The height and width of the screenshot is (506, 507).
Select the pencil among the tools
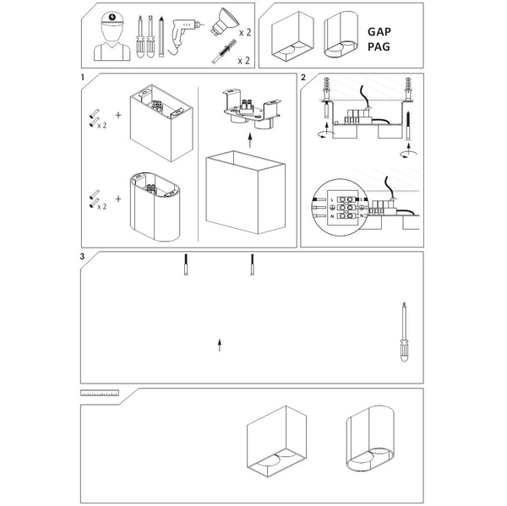point(161,35)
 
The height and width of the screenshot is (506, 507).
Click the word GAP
point(380,30)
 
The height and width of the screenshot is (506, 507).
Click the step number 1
point(83,78)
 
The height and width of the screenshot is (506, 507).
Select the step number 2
point(303,78)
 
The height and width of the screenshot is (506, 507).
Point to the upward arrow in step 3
point(220,345)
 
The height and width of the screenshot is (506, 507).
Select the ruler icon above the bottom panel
point(100,394)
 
